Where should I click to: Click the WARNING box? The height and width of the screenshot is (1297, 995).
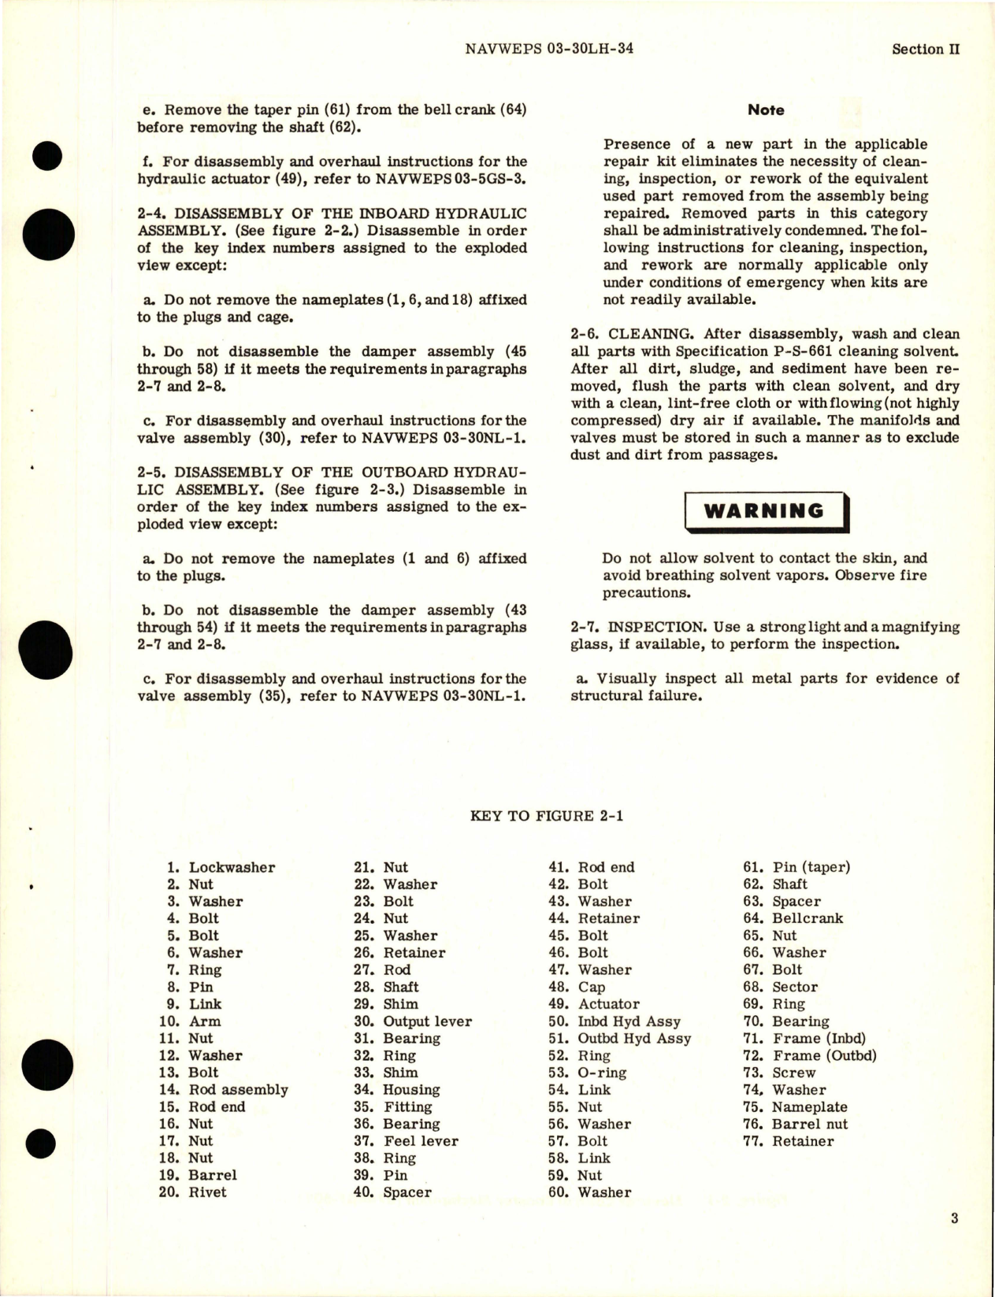coord(765,511)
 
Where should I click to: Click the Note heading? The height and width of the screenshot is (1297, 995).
coord(766,110)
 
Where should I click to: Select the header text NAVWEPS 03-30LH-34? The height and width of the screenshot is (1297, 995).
coord(549,49)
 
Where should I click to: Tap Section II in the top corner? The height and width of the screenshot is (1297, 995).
coord(926,49)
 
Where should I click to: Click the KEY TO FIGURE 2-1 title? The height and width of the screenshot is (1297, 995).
coord(547,816)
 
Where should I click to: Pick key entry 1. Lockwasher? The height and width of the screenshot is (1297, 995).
coord(221,867)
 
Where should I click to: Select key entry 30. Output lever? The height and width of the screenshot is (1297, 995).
coord(413,1021)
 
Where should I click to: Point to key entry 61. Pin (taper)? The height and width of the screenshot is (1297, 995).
coord(796,867)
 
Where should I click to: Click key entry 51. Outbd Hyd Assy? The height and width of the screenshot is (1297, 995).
coord(620,1038)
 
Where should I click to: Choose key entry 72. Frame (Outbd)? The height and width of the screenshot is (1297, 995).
coord(810,1055)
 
